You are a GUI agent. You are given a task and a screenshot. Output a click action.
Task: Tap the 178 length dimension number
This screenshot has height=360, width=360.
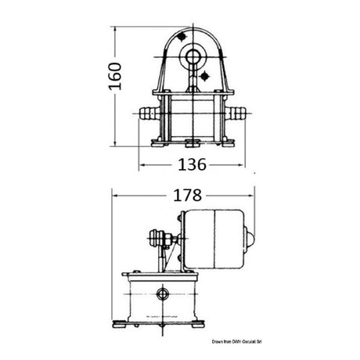coord(185,194)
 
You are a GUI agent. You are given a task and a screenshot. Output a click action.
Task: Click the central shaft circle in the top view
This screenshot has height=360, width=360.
coord(190,56)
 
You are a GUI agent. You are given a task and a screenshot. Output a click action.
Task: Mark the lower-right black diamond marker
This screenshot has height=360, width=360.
coord(204,75)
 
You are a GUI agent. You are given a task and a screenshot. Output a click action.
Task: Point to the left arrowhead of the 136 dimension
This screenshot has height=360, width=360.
coord(143,166)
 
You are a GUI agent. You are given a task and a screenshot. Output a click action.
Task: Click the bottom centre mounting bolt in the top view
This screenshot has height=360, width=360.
coord(190,142)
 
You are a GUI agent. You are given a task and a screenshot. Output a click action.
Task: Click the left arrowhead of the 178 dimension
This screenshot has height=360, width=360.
coord(117,194)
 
